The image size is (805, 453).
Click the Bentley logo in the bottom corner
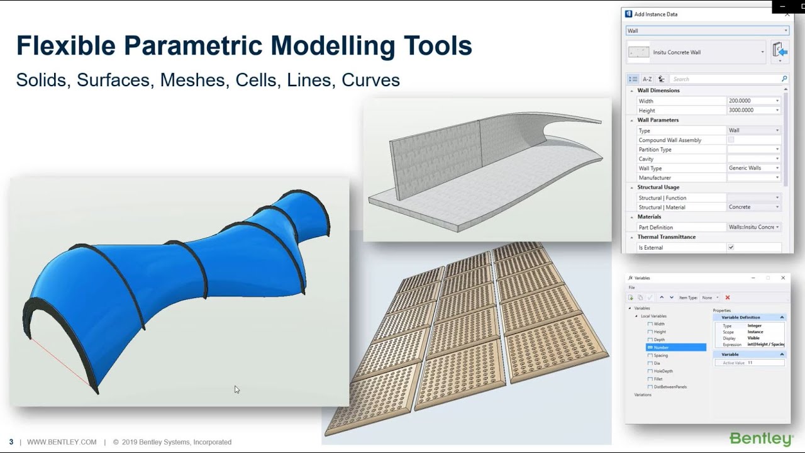pos(761,439)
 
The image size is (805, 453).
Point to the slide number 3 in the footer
pos(11,442)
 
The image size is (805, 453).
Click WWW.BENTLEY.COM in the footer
pos(62,442)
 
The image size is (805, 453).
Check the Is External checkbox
pos(731,247)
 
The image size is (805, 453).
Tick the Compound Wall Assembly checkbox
pos(731,140)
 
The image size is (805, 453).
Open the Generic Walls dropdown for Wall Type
pos(753,168)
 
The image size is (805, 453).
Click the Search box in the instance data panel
pos(726,79)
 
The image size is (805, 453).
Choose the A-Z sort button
pos(647,79)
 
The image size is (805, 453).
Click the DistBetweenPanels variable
pos(670,387)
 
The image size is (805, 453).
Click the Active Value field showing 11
pos(764,363)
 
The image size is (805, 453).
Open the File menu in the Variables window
pos(632,288)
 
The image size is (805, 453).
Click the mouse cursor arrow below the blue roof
pos(236,389)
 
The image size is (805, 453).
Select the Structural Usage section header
pos(658,187)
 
